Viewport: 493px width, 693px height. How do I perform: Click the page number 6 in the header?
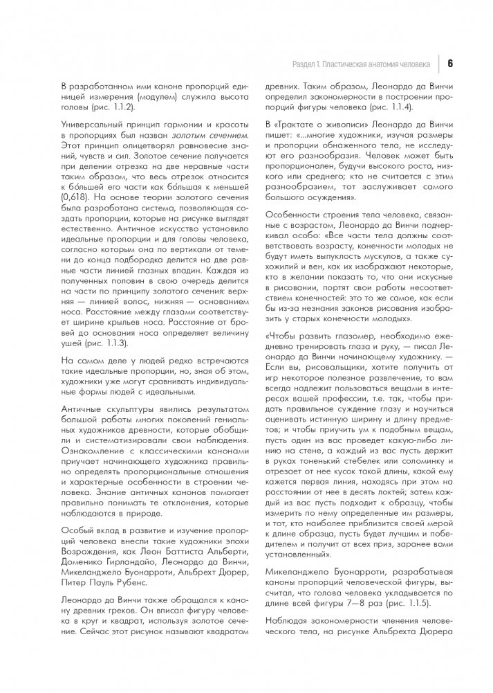[450, 64]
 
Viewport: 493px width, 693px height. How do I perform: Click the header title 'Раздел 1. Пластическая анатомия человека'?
[361, 64]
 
